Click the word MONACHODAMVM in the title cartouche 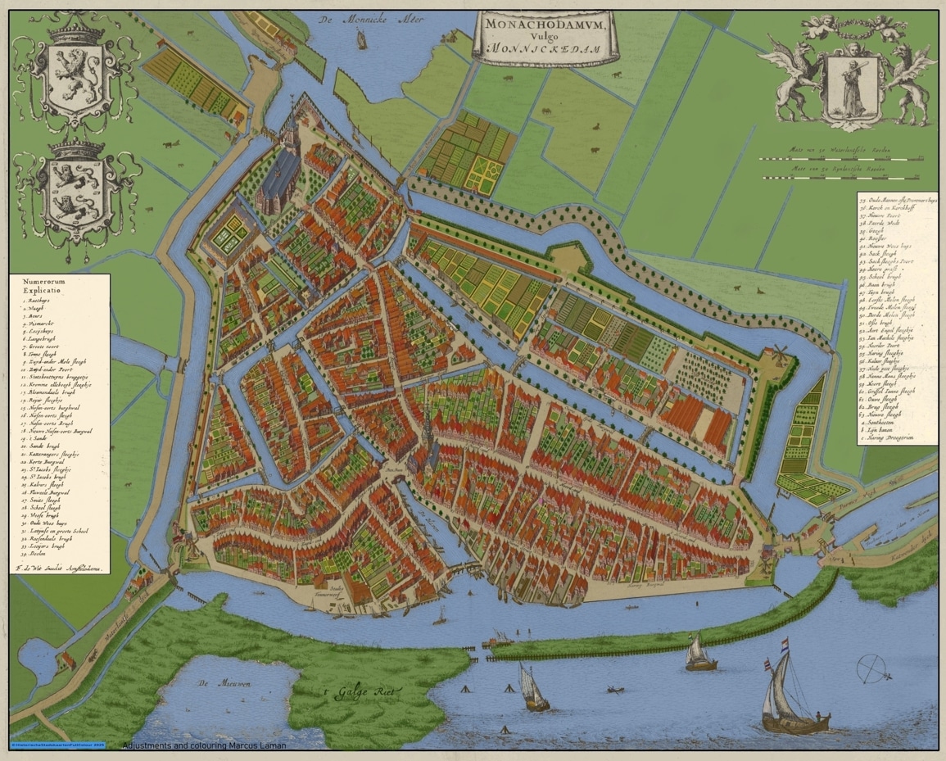(545, 25)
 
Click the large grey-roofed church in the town (279, 174)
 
